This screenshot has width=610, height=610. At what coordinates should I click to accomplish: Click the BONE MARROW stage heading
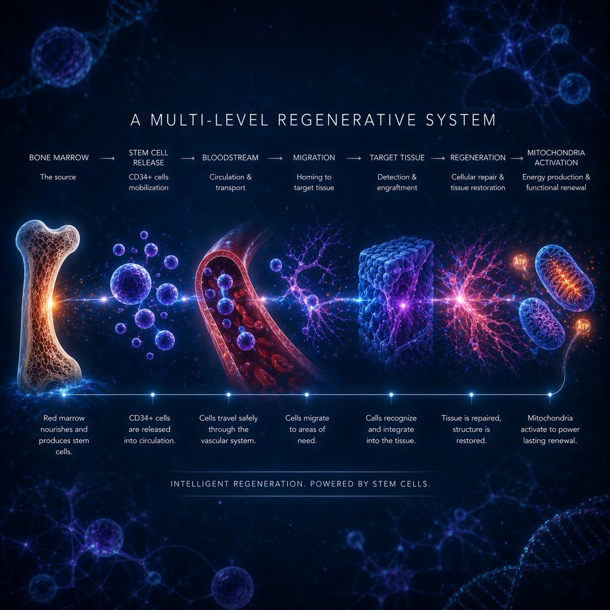pos(59,158)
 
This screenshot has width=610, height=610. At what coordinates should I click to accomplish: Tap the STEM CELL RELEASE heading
pos(149,158)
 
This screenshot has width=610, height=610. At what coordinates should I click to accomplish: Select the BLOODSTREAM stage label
pos(231,158)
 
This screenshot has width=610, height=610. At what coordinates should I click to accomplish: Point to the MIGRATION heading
pos(314,158)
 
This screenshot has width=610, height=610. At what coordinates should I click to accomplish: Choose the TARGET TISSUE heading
pos(397,158)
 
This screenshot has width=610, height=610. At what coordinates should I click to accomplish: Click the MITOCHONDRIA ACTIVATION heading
pos(556,158)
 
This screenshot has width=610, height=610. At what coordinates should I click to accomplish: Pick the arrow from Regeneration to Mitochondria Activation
pos(517,158)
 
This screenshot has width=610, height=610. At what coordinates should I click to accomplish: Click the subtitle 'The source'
pos(58,177)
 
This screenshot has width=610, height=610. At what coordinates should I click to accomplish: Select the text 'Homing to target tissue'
pos(314,182)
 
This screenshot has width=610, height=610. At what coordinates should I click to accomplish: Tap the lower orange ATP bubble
pos(582,327)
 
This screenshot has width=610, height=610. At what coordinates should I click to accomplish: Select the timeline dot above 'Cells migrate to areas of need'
pos(306,395)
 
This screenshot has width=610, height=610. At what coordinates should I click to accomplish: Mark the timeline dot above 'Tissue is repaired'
pos(471,395)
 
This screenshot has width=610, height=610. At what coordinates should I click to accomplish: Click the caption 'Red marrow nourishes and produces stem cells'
pos(64,435)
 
